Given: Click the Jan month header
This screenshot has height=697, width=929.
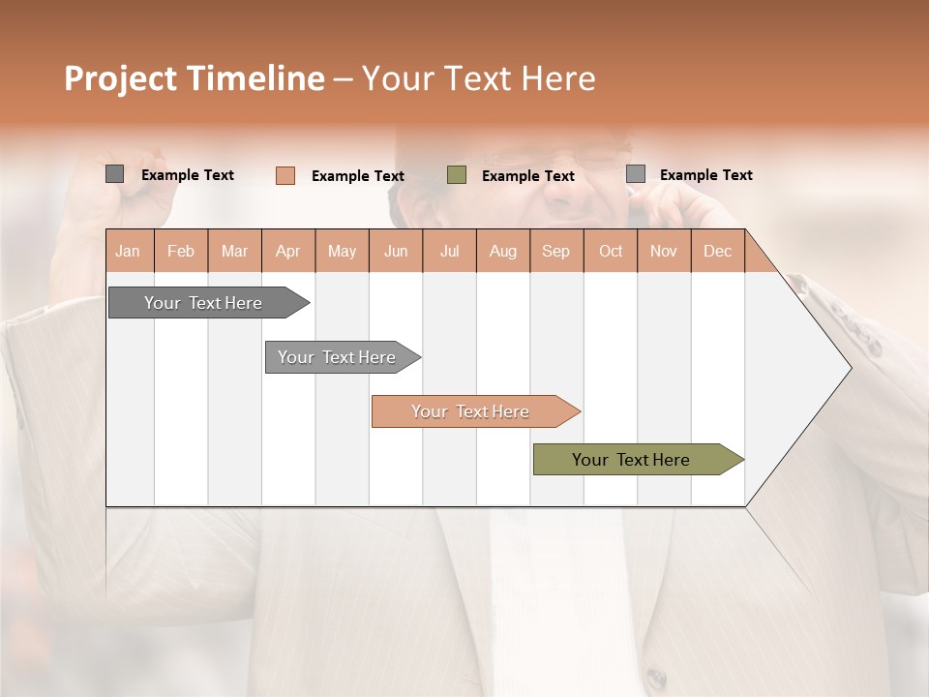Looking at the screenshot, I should pos(129,251).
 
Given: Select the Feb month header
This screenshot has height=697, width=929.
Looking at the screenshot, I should pos(181,251).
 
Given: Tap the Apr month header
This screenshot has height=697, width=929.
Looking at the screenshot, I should pos(288,251).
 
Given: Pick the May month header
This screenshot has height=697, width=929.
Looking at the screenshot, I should pos(342,251).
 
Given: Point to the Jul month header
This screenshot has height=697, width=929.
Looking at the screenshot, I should pos(450,251).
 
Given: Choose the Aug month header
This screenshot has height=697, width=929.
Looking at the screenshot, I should pos(503,251).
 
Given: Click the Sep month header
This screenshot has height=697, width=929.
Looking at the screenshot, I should pos(556,251).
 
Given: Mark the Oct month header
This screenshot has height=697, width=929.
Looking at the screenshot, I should pos(611,251).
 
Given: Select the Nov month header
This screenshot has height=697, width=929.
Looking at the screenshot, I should pos(664,251).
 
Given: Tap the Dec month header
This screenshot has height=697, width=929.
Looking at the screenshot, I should pos(718,251).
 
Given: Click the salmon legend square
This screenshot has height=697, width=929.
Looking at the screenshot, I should pos(285,175).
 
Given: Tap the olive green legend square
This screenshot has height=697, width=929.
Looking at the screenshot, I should pos(457,175).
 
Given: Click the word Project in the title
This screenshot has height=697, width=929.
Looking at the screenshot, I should pos(122,78).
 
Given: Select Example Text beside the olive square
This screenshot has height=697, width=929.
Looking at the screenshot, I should pos(528,176).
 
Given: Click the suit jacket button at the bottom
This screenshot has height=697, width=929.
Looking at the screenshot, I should pos(657,678).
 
